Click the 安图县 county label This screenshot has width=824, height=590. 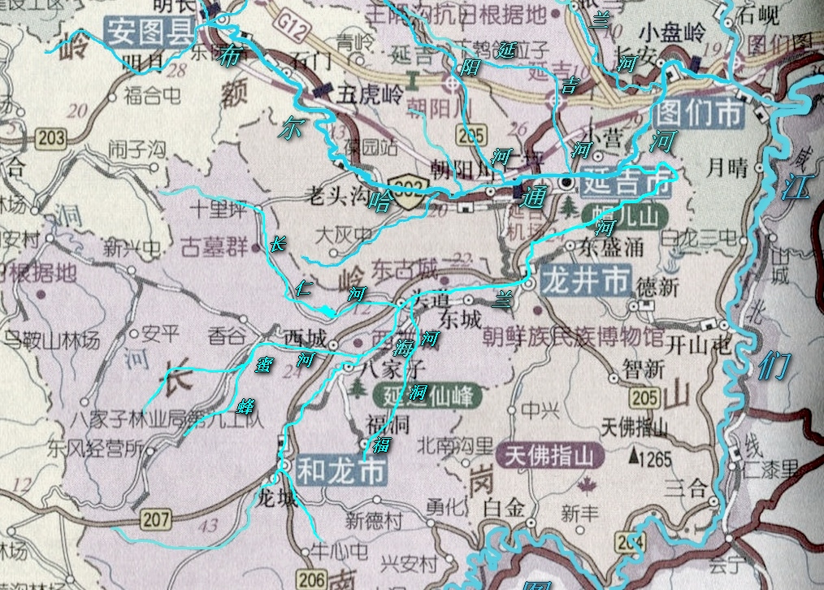coord(150,33)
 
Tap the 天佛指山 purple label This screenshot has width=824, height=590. coord(554,456)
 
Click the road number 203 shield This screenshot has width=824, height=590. coord(50,139)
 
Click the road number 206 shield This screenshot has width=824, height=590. coord(312,579)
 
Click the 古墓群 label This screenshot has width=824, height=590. coord(214,245)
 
